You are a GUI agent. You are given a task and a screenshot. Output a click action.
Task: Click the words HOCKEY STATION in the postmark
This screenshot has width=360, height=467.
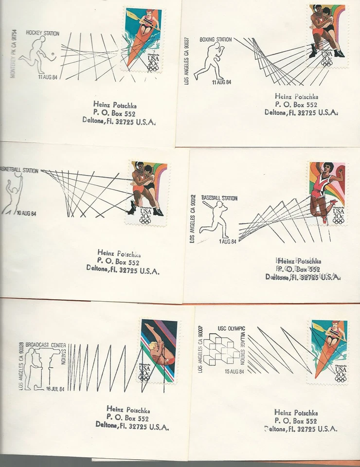coord(42,34)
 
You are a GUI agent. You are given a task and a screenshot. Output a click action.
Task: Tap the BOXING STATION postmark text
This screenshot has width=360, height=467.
coord(216,39)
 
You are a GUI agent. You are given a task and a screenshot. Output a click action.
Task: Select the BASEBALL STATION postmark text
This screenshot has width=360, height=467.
coord(219,198)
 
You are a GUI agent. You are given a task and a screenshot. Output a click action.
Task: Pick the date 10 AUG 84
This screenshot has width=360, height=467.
coord(29,213)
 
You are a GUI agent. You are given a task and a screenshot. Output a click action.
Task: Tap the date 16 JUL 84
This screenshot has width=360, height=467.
coord(54,388)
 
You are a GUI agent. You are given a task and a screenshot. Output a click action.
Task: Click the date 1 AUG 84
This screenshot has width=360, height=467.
coord(227,242)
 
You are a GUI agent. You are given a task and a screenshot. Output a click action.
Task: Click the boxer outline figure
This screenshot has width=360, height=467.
coord(209,61)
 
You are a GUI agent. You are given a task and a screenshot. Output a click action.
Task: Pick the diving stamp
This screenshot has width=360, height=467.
coord(159,351)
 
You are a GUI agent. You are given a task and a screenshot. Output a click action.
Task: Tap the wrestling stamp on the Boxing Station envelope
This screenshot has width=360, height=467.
coord(327,36)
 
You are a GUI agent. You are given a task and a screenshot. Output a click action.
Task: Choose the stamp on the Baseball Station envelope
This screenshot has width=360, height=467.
coord(326,193)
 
